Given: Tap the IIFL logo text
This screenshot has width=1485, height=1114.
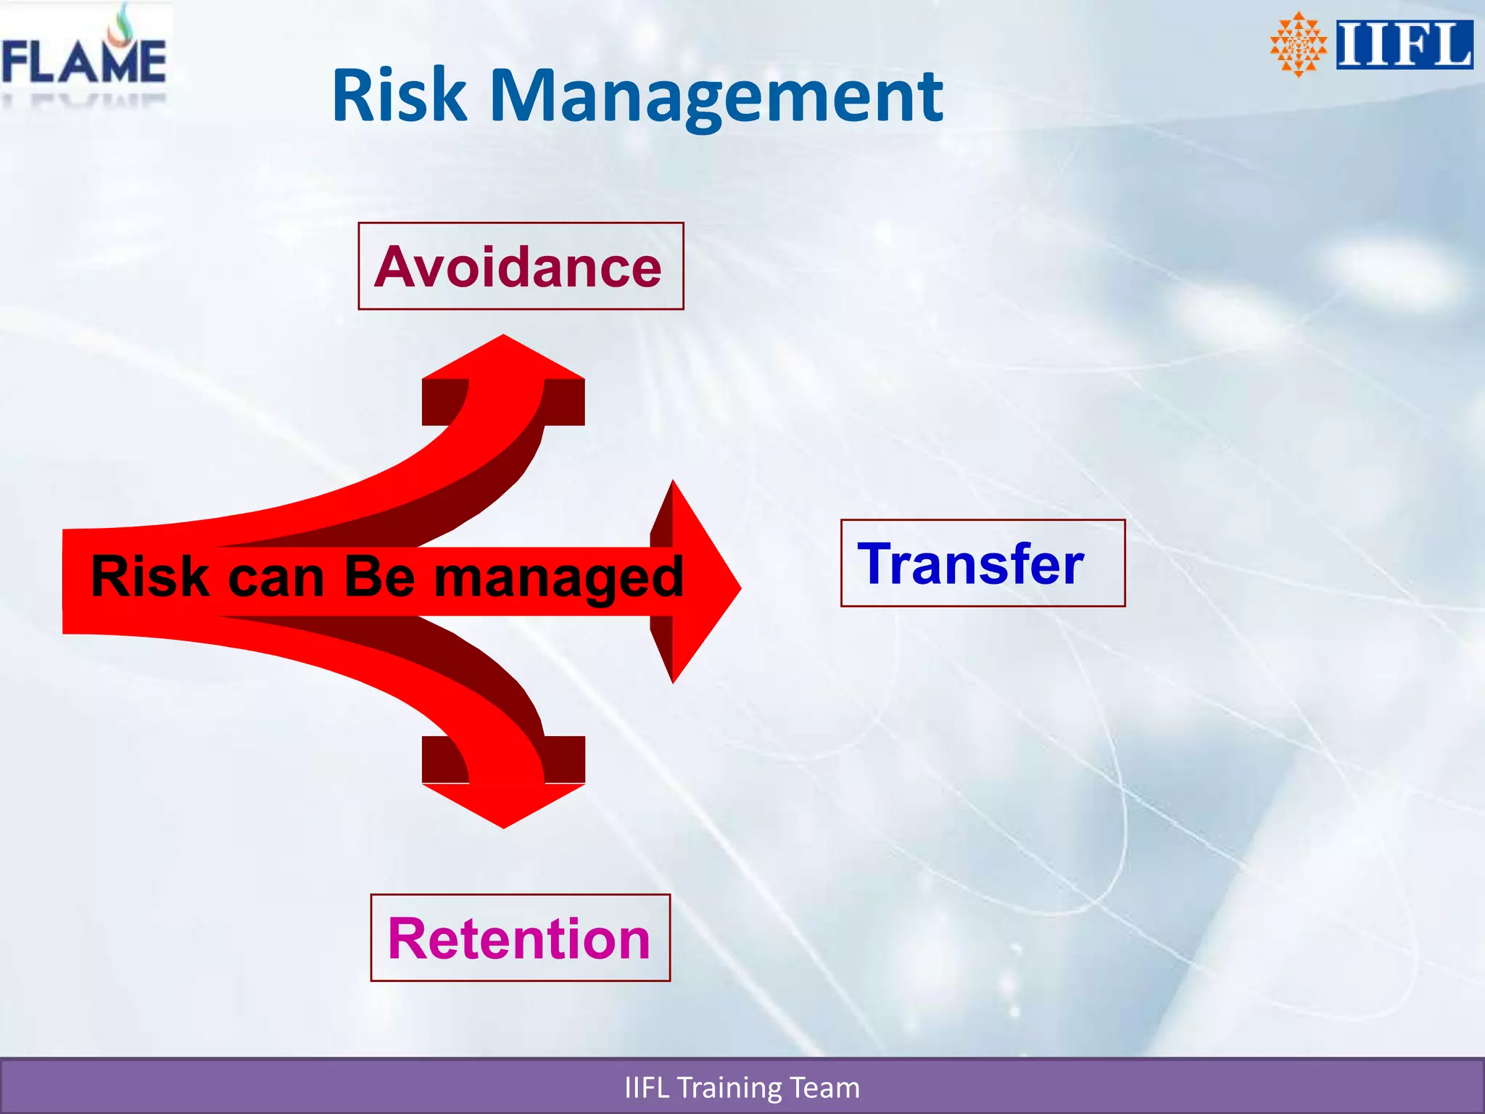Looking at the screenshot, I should pos(1404,45).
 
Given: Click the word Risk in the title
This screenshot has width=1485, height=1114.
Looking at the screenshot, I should pos(399,96).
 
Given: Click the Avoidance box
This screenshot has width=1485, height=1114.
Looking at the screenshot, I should pos(521,266).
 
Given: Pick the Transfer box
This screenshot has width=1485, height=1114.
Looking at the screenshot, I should pos(983,564).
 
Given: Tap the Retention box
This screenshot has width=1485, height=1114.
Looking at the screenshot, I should pos(520,938).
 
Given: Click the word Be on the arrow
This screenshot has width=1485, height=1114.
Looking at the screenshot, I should pos(379,577).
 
